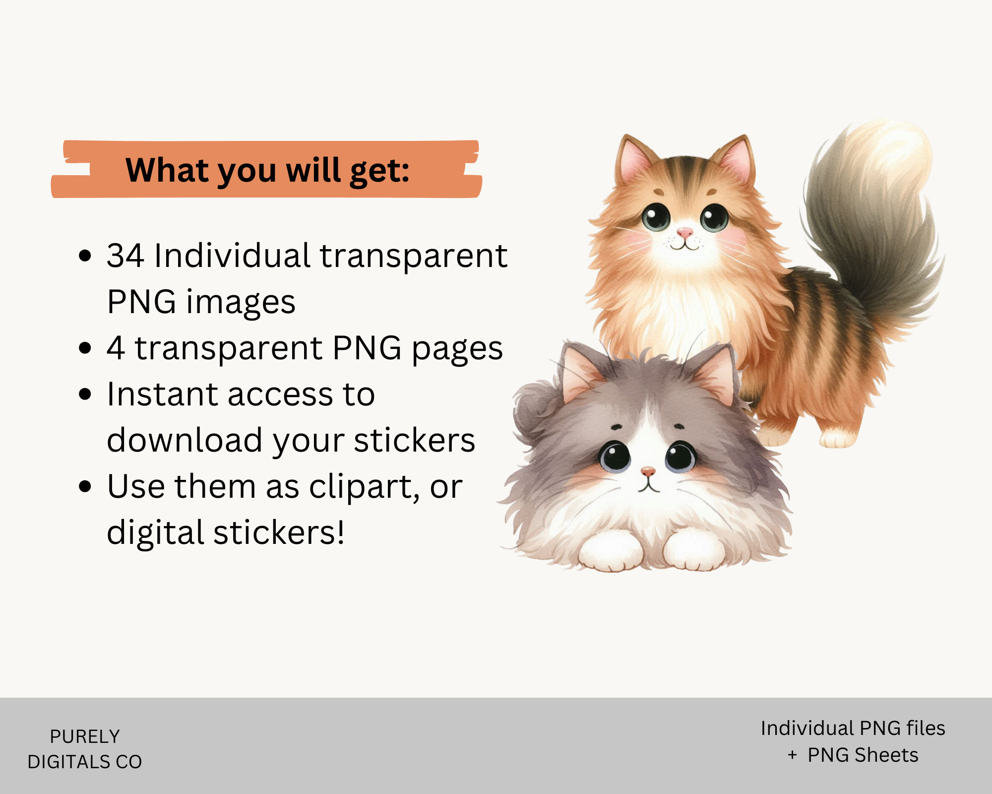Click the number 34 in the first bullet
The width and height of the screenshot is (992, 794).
pos(125,256)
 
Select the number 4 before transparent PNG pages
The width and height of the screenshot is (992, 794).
pos(115,348)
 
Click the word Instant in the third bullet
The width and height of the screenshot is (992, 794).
pos(162,395)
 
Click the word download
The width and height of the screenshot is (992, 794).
pos(185,441)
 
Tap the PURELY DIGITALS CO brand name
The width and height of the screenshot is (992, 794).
pos(85,749)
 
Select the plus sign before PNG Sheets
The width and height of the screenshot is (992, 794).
pos(792,755)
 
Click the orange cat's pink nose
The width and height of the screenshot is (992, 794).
pos(684,232)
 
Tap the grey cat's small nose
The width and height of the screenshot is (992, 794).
pos(647,470)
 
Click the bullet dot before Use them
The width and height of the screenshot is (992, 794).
pos(85,487)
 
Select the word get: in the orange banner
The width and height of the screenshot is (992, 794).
pos(379,171)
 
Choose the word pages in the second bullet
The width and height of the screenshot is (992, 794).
pos(457,349)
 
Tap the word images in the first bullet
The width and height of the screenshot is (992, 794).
pos(241,302)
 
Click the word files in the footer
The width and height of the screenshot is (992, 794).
pos(926,728)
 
